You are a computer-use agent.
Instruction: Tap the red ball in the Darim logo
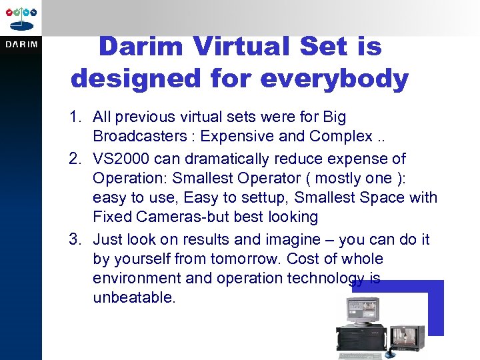[x=10, y=13]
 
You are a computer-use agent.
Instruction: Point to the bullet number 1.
[x=73, y=117]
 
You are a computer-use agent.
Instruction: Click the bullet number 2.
[x=73, y=159]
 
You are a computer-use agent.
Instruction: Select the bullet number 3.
[x=73, y=239]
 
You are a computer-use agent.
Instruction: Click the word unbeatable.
[x=134, y=297]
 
